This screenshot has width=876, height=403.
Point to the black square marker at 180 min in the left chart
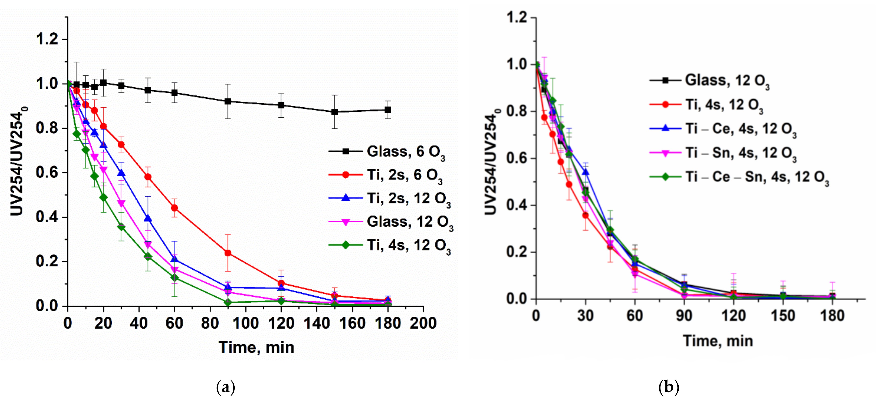388,110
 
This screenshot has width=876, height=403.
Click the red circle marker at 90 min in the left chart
228,253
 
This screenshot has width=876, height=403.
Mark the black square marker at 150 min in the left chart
335,112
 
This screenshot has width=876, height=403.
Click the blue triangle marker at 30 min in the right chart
586,172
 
